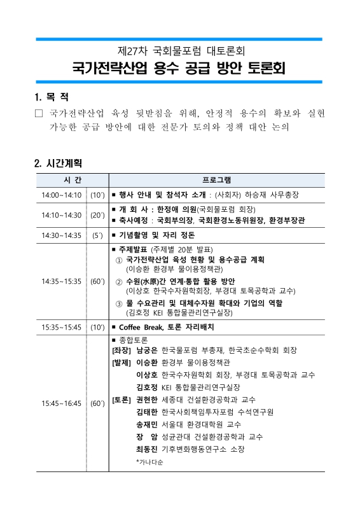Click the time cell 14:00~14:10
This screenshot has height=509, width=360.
click(62, 195)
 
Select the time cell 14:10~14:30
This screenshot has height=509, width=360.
click(62, 215)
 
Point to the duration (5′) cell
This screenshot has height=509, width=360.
click(98, 235)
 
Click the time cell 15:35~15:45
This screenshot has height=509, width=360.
click(62, 327)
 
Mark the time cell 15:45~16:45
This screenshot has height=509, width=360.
click(62, 403)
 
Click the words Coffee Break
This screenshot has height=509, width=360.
click(141, 327)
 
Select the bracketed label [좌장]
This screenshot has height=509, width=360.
click(121, 351)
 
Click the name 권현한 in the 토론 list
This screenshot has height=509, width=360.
click(148, 400)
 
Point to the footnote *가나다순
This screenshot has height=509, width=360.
click(150, 461)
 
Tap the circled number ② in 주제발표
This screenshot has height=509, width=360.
click(119, 282)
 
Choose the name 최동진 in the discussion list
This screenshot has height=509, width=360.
click(148, 449)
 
